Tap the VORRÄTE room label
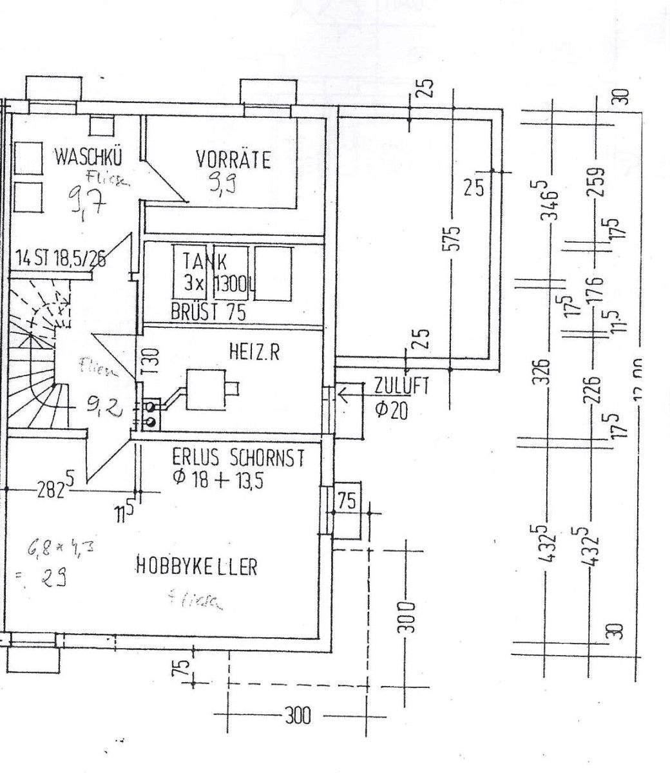[x=233, y=160]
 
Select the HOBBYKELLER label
[x=196, y=567]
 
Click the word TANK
[x=205, y=262]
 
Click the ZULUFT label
[x=401, y=386]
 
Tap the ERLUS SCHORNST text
[x=238, y=459]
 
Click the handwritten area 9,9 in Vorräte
[x=221, y=185]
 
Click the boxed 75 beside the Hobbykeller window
[x=347, y=501]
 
